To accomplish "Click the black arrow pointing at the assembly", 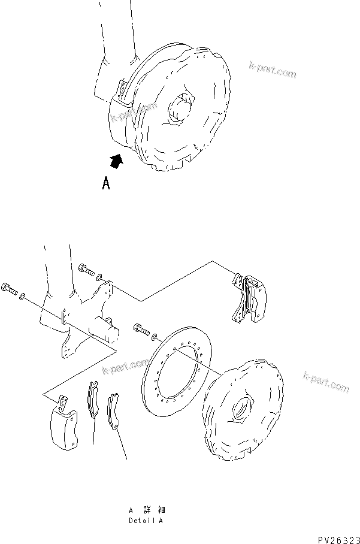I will click(x=117, y=160).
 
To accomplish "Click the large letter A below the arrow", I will click(x=106, y=183).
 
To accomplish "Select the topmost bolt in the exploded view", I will click(x=87, y=270).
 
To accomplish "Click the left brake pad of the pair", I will click(x=93, y=399).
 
